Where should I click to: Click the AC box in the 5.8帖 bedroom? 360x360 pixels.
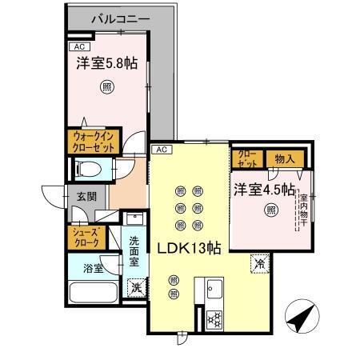(77, 46)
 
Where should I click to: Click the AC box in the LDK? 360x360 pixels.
(160, 150)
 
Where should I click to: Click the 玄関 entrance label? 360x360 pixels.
(86, 196)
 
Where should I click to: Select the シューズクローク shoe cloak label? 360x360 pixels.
(86, 238)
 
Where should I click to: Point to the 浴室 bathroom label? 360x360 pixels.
(94, 269)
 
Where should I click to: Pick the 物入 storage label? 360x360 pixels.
(285, 158)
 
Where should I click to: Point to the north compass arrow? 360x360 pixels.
(298, 318)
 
